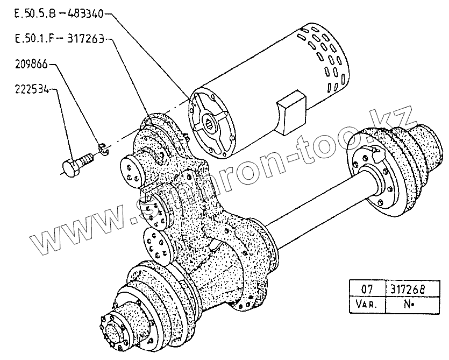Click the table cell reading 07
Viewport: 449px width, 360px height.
coord(366,289)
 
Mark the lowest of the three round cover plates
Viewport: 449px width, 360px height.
coord(158,247)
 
